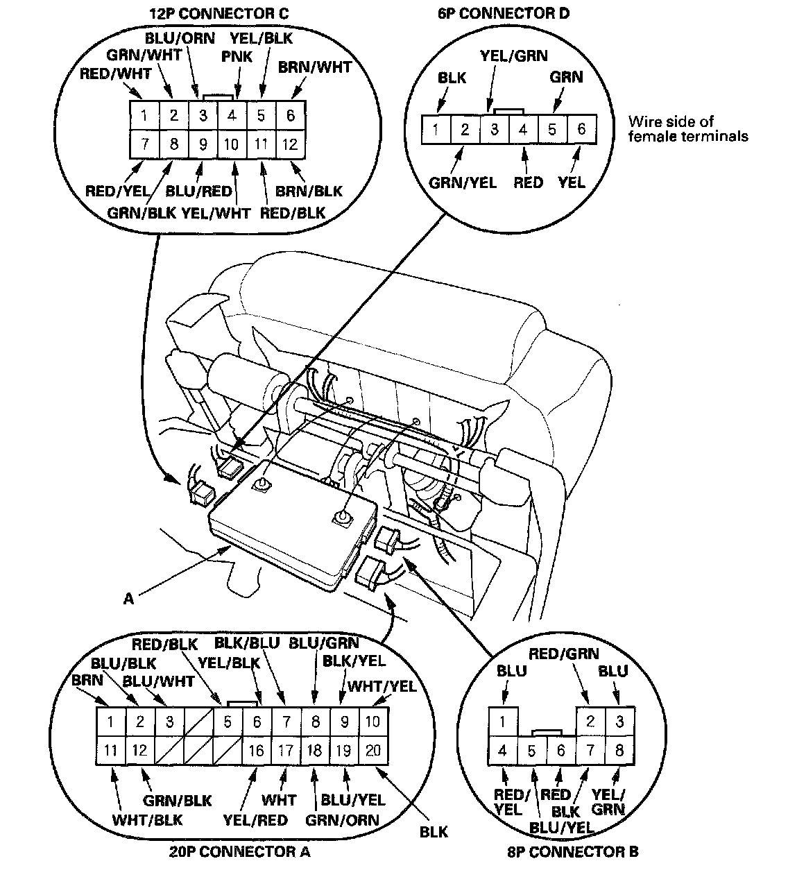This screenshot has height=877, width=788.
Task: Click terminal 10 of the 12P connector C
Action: [232, 144]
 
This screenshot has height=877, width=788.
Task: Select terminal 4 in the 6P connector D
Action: [524, 129]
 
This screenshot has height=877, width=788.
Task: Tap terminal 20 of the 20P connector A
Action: [372, 749]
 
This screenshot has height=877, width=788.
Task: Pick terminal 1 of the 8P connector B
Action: [502, 722]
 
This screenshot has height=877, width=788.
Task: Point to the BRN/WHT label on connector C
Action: [315, 67]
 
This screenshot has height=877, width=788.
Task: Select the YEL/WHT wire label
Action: [216, 213]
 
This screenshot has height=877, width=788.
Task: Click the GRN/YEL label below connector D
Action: [463, 183]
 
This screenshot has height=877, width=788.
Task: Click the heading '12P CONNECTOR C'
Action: [219, 13]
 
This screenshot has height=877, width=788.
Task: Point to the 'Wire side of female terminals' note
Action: [687, 129]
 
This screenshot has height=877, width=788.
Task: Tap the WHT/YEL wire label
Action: [382, 686]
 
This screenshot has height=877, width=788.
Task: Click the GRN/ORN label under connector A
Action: [342, 820]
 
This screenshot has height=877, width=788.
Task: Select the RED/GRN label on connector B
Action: [563, 654]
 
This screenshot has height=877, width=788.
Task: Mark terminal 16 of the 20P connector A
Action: [257, 749]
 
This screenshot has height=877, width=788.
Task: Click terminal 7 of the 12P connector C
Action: [144, 144]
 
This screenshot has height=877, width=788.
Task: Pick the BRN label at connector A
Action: [87, 681]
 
